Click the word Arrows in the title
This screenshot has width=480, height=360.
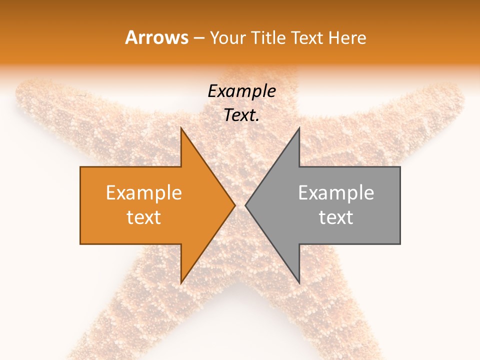click(x=156, y=37)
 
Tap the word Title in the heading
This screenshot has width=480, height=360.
click(x=270, y=38)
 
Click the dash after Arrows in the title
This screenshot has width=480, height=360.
click(x=199, y=38)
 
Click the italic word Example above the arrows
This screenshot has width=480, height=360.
click(x=241, y=91)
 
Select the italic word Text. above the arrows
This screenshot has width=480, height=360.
click(x=241, y=115)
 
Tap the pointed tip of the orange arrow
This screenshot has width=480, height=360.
click(x=234, y=205)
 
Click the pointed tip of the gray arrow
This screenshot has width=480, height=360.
click(x=245, y=205)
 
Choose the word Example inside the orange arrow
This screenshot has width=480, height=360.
click(x=144, y=193)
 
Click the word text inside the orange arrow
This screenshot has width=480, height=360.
click(x=144, y=217)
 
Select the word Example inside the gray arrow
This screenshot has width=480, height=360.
click(x=336, y=193)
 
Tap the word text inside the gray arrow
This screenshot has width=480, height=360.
click(x=336, y=217)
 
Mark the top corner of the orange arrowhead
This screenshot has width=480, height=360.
click(x=181, y=128)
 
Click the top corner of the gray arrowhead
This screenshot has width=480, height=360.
click(x=299, y=128)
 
